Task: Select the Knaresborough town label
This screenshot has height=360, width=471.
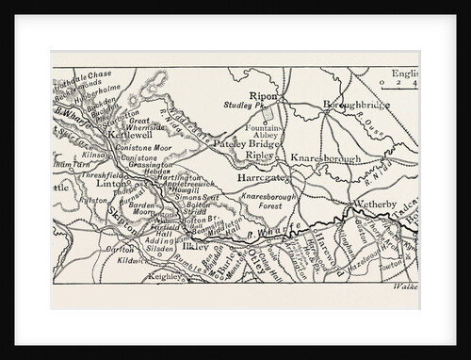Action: (x=326, y=159)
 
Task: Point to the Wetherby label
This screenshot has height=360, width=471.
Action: (x=376, y=203)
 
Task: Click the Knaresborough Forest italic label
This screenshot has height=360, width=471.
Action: (x=270, y=200)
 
